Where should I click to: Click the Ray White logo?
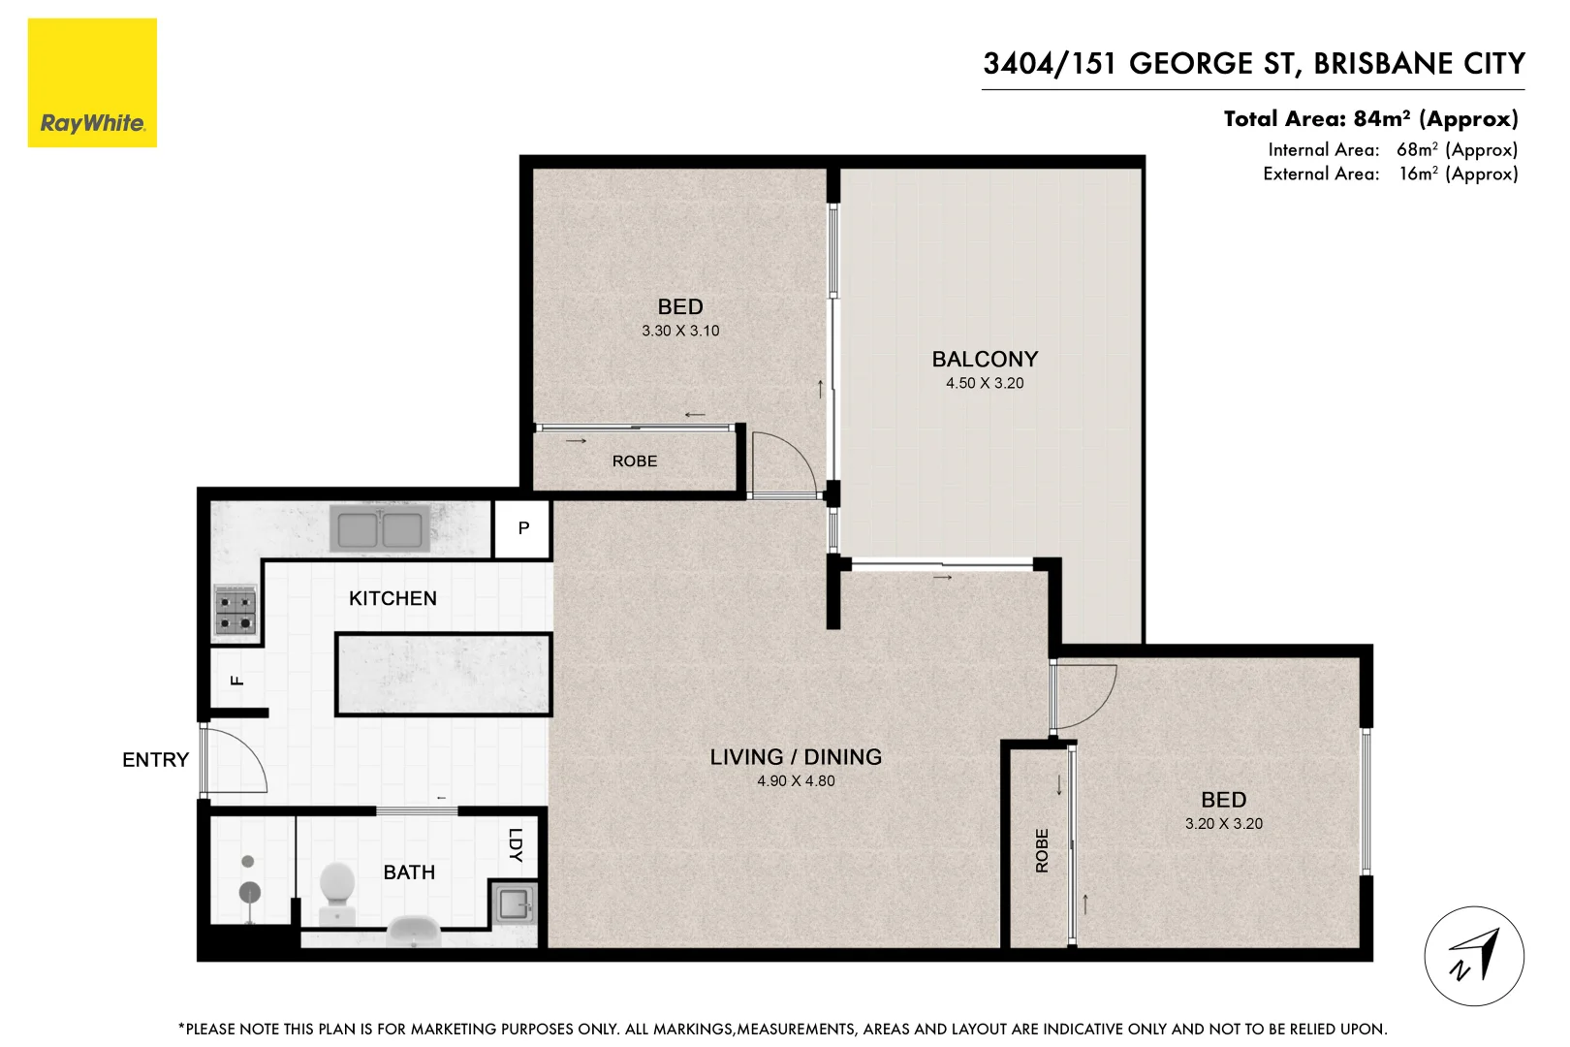pyautogui.click(x=92, y=83)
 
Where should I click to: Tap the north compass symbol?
pyautogui.click(x=1473, y=956)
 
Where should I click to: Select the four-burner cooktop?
pyautogui.click(x=235, y=611)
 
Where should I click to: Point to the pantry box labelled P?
pyautogui.click(x=523, y=528)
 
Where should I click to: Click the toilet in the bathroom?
pyautogui.click(x=337, y=890)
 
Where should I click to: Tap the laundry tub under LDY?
pyautogui.click(x=513, y=904)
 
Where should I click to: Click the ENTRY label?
pyautogui.click(x=155, y=760)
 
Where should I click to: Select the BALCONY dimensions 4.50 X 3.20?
pyautogui.click(x=985, y=384)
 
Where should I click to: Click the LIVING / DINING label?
pyautogui.click(x=796, y=757)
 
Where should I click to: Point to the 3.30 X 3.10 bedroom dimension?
pyautogui.click(x=680, y=332)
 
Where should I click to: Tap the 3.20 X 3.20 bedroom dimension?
pyautogui.click(x=1223, y=824)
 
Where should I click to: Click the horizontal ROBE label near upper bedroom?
pyautogui.click(x=635, y=461)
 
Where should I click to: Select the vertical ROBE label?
pyautogui.click(x=1042, y=850)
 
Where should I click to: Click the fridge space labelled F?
pyautogui.click(x=236, y=680)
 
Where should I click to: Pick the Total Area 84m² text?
pyautogui.click(x=1369, y=119)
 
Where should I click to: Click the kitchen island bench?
pyautogui.click(x=444, y=675)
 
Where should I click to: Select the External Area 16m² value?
pyautogui.click(x=1458, y=174)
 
